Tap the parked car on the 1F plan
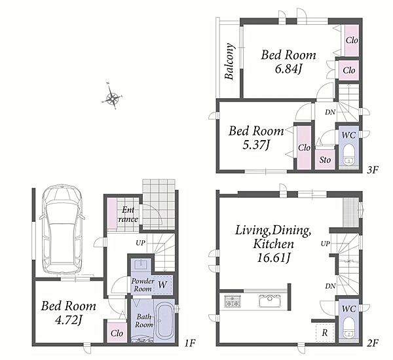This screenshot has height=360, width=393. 62,229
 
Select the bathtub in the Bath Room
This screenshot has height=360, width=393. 164,321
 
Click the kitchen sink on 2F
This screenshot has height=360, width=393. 270,300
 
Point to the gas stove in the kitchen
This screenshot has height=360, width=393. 233,301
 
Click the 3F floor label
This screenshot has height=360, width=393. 373,170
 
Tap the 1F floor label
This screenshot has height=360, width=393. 189,343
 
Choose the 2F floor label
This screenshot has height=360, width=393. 373,343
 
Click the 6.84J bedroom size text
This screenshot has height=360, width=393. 288,69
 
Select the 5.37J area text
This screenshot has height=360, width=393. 256,145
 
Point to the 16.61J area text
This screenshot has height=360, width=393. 273,257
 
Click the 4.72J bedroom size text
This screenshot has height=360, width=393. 69,320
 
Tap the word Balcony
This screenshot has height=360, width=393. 229,62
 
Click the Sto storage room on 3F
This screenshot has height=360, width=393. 325,160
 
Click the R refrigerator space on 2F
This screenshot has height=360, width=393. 325,333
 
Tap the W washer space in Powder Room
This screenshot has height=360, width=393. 162,285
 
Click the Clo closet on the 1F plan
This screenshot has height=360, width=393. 117,333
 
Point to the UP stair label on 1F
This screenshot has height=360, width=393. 140,243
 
